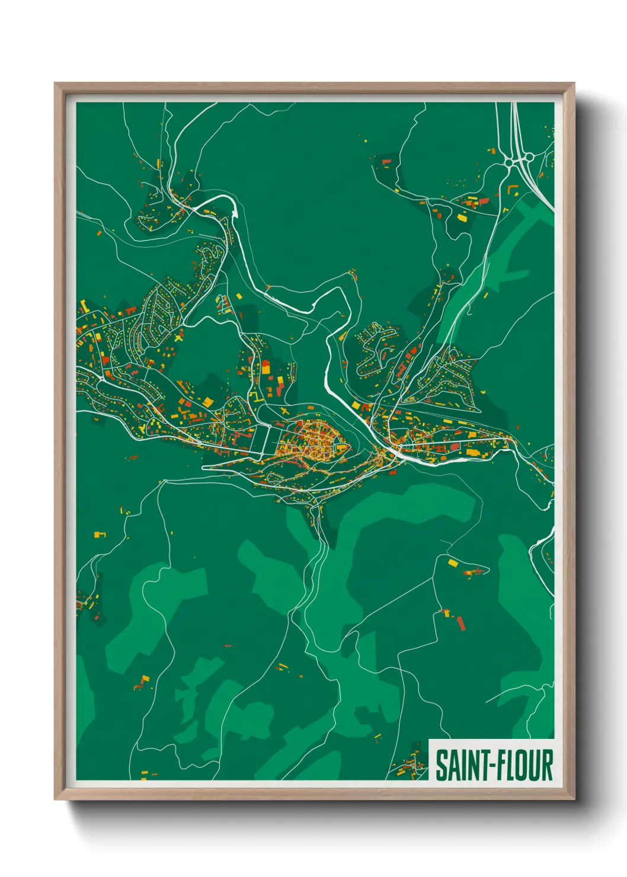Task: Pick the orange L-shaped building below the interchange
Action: [512, 190]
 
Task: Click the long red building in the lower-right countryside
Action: [461, 623]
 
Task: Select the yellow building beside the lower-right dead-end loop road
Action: [453, 562]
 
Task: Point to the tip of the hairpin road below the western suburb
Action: [204, 468]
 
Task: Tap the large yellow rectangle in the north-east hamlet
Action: [462, 217]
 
